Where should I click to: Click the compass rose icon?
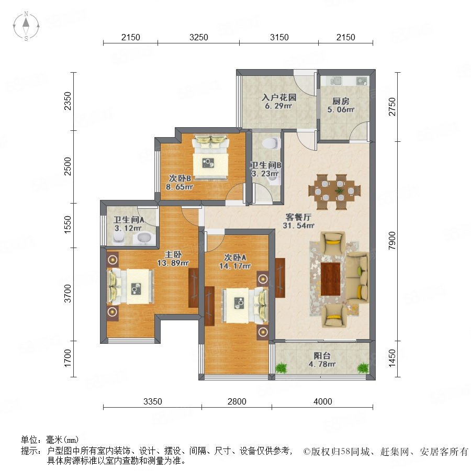(x=26, y=26)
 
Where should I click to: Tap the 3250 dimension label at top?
(x=198, y=37)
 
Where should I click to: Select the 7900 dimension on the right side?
(x=392, y=241)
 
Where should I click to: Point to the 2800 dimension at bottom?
(x=237, y=401)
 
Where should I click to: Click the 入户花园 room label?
(x=279, y=97)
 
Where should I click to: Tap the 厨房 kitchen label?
(x=341, y=101)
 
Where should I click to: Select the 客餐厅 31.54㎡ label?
(x=298, y=221)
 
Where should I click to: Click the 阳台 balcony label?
(x=322, y=356)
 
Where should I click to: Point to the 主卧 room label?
(x=173, y=255)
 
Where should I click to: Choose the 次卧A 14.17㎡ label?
(x=235, y=262)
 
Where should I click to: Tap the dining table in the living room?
(x=334, y=192)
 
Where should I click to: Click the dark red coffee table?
(x=330, y=279)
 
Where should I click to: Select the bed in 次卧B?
(x=210, y=158)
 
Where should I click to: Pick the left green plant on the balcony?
(x=281, y=367)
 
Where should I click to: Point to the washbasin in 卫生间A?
(x=144, y=238)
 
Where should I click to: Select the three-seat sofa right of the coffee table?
(x=357, y=278)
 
